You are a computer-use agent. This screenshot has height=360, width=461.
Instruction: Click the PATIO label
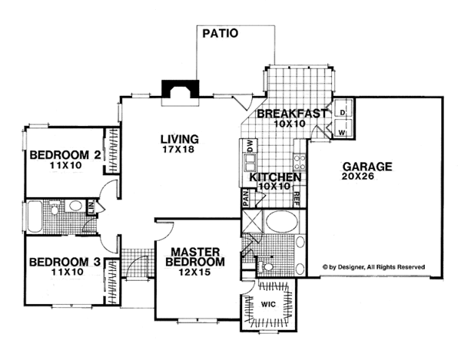click(221, 33)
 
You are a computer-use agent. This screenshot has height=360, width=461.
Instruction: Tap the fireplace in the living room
click(181, 89)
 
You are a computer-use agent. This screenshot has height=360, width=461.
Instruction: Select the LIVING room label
click(180, 139)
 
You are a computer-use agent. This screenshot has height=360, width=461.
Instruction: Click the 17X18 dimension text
click(178, 149)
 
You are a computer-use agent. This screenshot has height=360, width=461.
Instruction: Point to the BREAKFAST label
click(292, 114)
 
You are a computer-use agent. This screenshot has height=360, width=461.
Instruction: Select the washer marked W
click(342, 129)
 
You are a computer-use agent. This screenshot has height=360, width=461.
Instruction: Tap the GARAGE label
click(367, 167)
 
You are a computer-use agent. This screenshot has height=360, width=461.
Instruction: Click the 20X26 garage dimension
click(358, 177)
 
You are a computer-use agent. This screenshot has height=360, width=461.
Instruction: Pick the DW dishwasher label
click(250, 146)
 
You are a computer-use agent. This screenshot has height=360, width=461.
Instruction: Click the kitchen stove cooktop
click(300, 163)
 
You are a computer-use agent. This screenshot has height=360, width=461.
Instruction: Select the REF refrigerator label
click(297, 200)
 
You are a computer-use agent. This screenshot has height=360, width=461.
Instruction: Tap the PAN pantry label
click(246, 197)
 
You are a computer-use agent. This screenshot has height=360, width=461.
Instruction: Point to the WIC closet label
click(268, 304)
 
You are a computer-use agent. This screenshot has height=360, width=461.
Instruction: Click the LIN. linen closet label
click(91, 207)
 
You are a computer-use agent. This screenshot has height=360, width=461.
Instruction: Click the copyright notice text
click(373, 267)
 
